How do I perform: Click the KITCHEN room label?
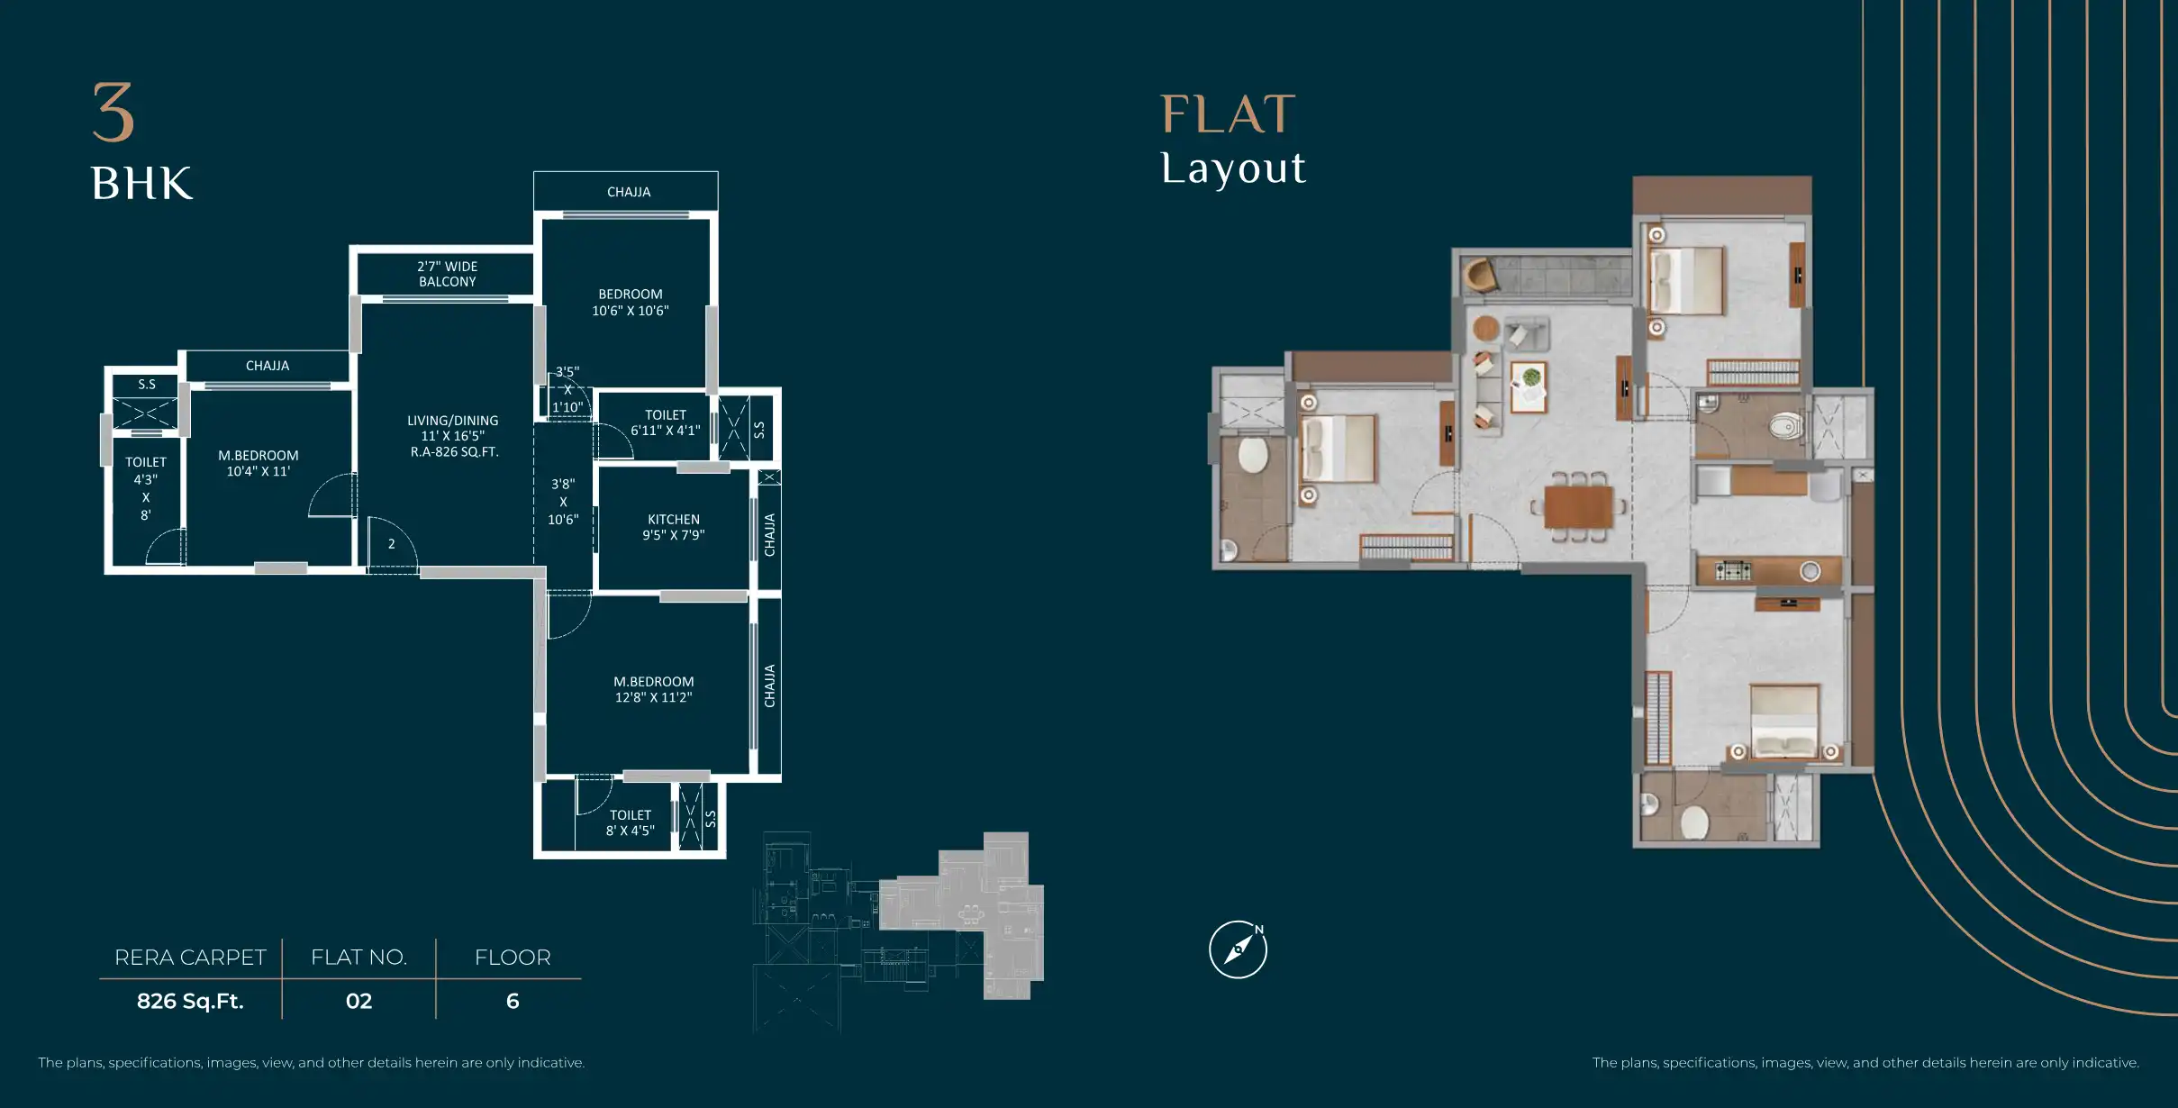[x=674, y=527]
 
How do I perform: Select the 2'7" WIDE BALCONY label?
[x=448, y=274]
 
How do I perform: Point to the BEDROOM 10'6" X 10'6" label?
[x=631, y=303]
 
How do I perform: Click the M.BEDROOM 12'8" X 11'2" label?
[x=654, y=689]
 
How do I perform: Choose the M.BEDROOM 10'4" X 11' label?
[x=259, y=463]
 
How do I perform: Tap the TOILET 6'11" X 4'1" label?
[x=666, y=422]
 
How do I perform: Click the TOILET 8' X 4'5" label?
[x=631, y=822]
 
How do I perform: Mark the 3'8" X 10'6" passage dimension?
[x=563, y=502]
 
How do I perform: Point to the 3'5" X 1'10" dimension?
[x=567, y=389]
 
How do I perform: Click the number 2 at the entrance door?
[x=392, y=544]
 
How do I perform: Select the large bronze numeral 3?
[x=113, y=112]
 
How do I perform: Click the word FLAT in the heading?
[x=1228, y=114]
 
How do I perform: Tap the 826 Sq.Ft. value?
[x=190, y=1001]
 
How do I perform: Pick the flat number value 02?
[x=358, y=1001]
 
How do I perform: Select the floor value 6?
[x=513, y=1001]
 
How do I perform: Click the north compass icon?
[x=1238, y=949]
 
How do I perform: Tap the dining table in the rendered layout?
[x=1579, y=506]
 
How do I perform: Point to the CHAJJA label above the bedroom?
[x=629, y=192]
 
